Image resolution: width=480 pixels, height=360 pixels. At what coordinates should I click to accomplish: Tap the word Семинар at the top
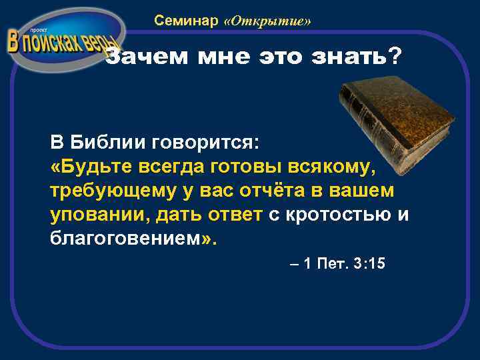[186, 21]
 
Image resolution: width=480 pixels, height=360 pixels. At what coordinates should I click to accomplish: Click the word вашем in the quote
[363, 191]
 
